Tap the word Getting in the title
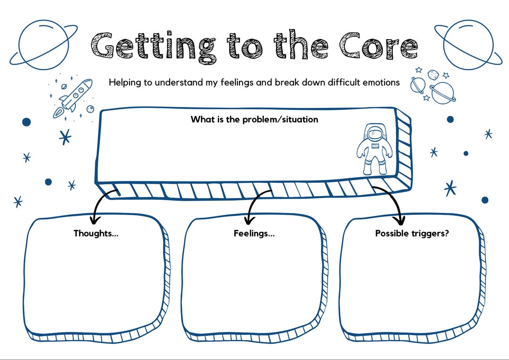[153, 47]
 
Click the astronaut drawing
[374, 149]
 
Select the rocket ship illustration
[73, 98]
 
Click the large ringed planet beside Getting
[43, 45]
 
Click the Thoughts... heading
[96, 233]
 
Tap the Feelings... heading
[254, 233]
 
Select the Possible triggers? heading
[412, 233]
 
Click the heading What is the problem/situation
[254, 120]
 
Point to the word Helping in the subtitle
[125, 83]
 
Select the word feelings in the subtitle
[237, 83]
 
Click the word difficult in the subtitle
[344, 82]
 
